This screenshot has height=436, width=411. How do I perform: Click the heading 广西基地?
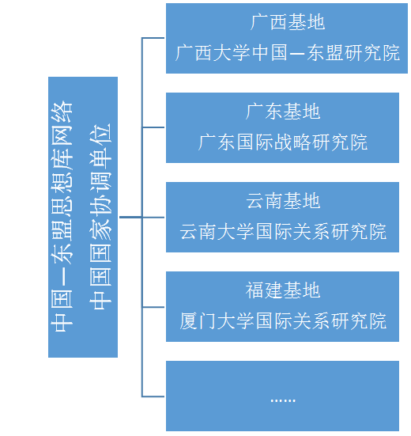point(288,22)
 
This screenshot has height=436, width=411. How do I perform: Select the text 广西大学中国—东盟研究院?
point(288,52)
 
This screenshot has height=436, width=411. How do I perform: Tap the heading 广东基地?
point(283,112)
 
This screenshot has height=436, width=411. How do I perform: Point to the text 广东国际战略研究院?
point(283,142)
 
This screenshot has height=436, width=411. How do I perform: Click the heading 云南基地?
point(283,201)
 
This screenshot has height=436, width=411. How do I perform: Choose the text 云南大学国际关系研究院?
point(283,231)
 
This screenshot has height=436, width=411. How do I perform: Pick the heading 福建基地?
point(283,290)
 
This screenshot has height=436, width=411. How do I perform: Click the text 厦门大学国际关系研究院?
point(283,320)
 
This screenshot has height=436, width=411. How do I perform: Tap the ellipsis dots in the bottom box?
point(283,400)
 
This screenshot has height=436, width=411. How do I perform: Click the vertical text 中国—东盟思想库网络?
point(62,217)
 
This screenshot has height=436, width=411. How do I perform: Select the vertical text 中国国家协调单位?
point(100,217)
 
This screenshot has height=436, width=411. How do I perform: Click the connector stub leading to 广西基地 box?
point(153,38)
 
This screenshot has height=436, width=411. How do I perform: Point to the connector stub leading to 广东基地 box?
point(153,127)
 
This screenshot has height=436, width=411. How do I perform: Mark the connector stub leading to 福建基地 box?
point(153,307)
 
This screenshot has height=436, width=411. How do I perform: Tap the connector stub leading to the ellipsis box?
point(153,396)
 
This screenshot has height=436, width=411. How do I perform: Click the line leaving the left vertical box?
point(130,217)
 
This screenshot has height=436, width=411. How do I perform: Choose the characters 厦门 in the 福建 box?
point(198,320)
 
